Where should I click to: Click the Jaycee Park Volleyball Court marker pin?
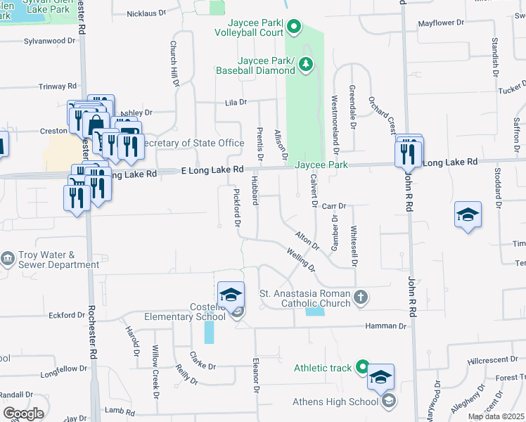[x=295, y=28]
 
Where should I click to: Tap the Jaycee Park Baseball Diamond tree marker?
[x=306, y=65]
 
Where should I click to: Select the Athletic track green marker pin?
[x=361, y=366]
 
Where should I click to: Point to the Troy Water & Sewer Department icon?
[x=8, y=259]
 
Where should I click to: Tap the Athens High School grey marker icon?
[x=389, y=402]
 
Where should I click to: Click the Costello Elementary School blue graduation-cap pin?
[x=231, y=295]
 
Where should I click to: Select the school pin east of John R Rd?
[x=468, y=215]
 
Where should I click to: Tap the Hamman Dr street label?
[x=386, y=326]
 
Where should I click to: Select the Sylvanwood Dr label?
[x=49, y=41]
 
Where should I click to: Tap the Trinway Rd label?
[x=58, y=87]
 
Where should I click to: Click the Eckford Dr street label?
[x=68, y=315]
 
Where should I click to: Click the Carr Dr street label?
[x=335, y=206]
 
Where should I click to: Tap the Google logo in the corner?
[x=23, y=413]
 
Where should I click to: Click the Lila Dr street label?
[x=236, y=102]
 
